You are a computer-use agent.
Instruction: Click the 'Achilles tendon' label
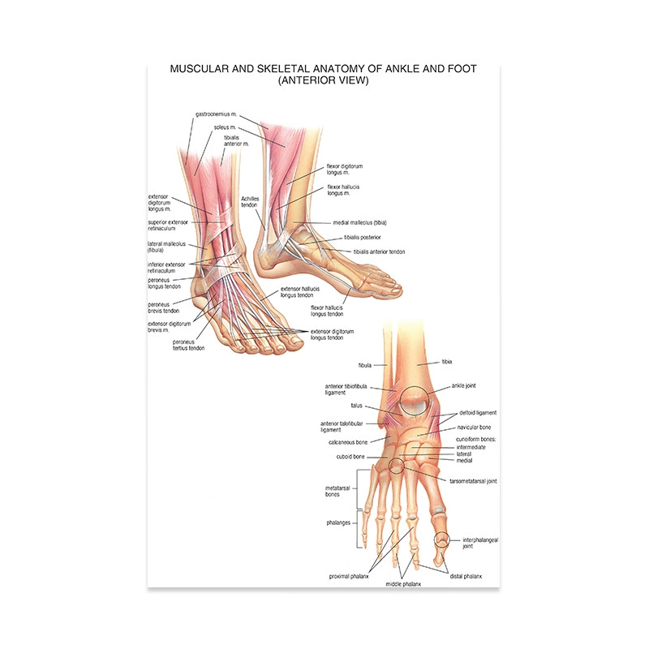point(250,202)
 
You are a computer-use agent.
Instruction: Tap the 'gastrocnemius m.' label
point(216,114)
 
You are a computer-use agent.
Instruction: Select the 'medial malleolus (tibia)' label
point(359,222)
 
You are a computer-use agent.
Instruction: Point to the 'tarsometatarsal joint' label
point(473,481)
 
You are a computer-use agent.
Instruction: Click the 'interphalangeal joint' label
point(480,543)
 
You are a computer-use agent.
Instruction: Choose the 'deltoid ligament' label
point(478,413)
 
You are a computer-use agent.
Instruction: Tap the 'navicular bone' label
point(474,428)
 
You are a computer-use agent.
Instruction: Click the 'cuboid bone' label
point(350,457)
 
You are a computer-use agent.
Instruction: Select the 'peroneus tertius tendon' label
point(188,346)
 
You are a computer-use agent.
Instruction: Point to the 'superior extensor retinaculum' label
point(168,226)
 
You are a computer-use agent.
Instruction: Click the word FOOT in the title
point(462,69)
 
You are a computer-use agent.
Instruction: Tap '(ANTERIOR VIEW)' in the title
point(323,80)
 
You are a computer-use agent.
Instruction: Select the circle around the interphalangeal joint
point(441,532)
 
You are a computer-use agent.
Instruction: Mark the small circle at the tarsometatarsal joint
point(397,458)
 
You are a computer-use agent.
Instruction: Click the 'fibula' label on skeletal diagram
point(364,366)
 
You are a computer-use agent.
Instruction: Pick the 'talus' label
point(356,406)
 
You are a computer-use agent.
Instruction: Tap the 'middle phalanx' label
point(403,584)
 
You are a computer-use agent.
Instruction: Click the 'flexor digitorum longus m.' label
point(344,170)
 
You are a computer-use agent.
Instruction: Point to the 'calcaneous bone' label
point(348,442)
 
